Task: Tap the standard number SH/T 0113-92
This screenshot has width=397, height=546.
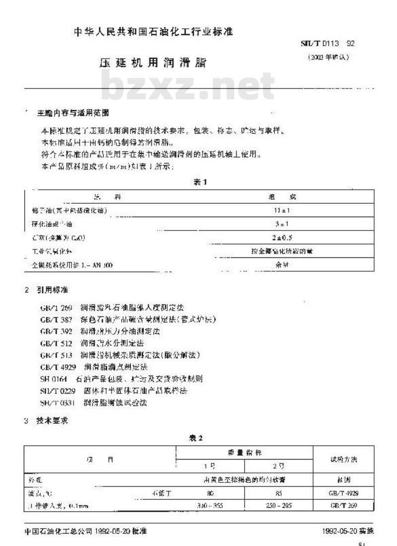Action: pos(326,43)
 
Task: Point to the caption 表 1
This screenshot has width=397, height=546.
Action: pos(200,182)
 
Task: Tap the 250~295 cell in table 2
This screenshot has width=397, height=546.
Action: pos(278,505)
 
